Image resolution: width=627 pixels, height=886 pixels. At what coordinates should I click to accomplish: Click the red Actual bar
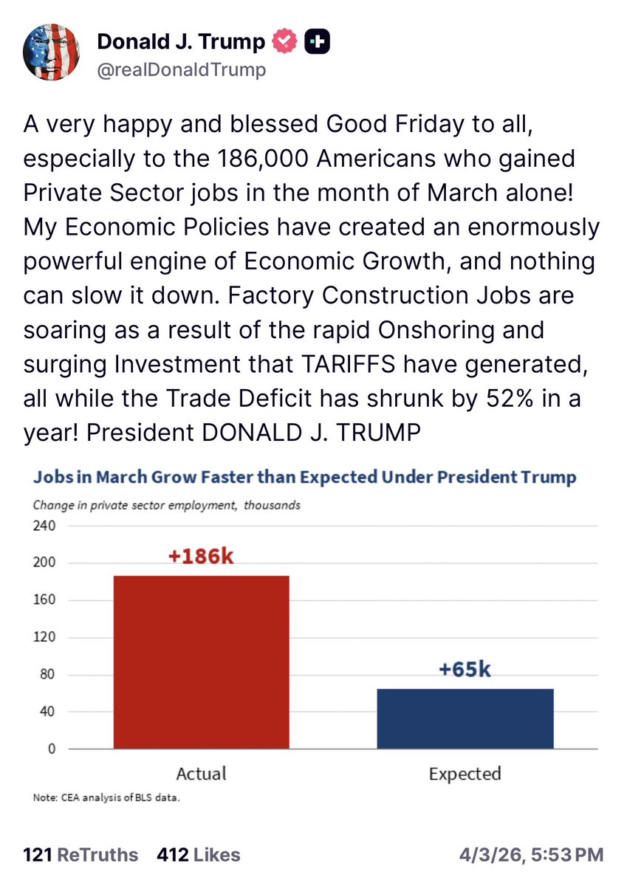pyautogui.click(x=201, y=662)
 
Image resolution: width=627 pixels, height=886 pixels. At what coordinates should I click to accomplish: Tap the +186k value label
pyautogui.click(x=201, y=556)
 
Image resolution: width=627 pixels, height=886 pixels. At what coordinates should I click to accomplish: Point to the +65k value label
pyautogui.click(x=465, y=670)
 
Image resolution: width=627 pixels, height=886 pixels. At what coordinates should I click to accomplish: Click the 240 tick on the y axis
pyautogui.click(x=45, y=526)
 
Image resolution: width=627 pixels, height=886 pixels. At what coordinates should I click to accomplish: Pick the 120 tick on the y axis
pyautogui.click(x=45, y=638)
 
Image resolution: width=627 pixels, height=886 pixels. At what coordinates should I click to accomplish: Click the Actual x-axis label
pyautogui.click(x=201, y=774)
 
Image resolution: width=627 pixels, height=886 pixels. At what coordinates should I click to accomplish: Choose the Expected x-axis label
pyautogui.click(x=465, y=774)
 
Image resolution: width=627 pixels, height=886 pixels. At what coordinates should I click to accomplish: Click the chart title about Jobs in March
pyautogui.click(x=304, y=477)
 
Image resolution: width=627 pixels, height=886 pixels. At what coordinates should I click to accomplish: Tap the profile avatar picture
pyautogui.click(x=52, y=52)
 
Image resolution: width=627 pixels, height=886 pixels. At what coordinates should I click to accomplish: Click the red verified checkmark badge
pyautogui.click(x=284, y=43)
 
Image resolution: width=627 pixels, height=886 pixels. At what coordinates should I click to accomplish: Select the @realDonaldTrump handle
pyautogui.click(x=181, y=70)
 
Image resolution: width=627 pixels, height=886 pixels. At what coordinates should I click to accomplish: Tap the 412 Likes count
pyautogui.click(x=199, y=855)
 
